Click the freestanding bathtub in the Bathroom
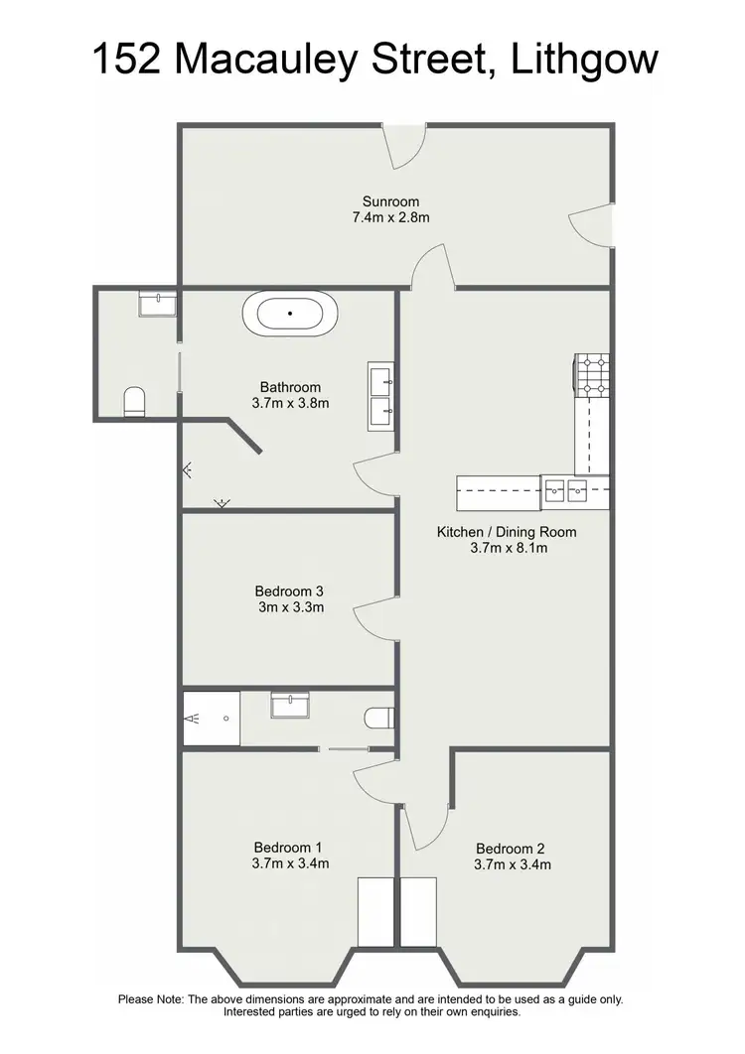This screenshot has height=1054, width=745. click(289, 314)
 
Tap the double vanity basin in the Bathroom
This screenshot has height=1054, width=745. click(381, 394)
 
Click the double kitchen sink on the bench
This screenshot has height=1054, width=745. click(566, 487)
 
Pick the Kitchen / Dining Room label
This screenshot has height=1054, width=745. click(507, 532)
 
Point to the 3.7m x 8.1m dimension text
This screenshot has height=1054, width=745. click(507, 548)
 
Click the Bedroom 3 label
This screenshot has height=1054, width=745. click(289, 591)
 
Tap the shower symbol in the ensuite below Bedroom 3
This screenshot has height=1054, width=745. click(211, 716)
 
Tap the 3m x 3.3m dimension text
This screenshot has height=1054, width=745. click(289, 606)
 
